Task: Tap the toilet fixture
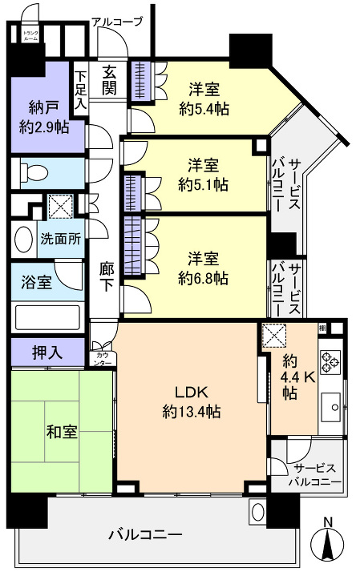tap(31, 172)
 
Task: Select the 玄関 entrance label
tap(111, 80)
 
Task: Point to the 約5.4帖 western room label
tap(204, 98)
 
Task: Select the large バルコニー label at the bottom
tap(145, 534)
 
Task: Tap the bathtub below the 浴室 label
tap(47, 316)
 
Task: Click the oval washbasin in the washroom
tap(23, 239)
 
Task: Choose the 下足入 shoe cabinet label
tap(80, 80)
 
